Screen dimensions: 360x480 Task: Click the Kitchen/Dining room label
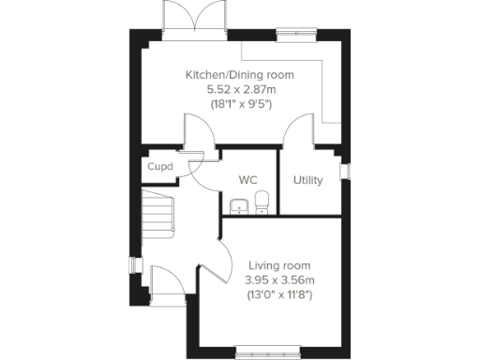239,74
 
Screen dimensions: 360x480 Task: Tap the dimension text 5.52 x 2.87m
239,89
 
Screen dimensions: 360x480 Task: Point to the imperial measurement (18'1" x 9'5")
239,103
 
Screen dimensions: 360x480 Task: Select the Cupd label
157,168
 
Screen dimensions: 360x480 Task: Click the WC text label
248,179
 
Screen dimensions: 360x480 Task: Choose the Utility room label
308,179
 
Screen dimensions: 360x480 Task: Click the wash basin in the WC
237,206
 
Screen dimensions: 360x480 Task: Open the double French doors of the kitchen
194,19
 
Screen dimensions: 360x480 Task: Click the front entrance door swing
163,281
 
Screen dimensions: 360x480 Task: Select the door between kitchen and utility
299,130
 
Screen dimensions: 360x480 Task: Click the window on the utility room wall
345,172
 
